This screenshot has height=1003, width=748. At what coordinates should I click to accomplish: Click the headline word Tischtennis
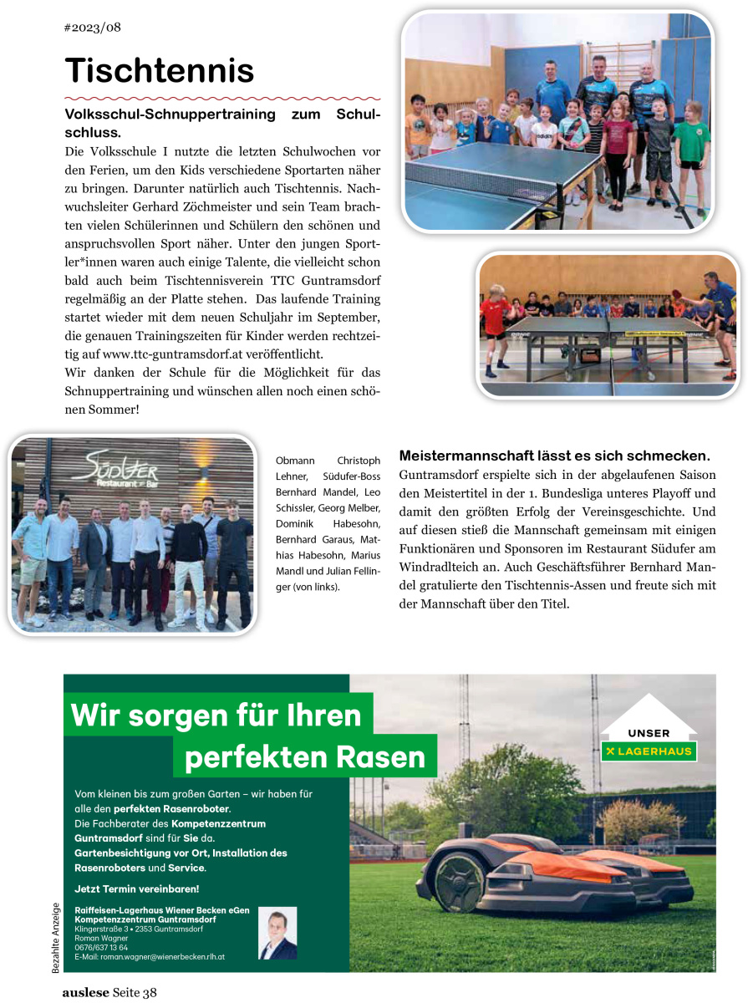159,70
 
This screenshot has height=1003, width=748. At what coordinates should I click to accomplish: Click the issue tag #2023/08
93,28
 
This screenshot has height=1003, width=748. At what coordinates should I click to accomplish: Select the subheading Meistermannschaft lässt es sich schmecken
554,456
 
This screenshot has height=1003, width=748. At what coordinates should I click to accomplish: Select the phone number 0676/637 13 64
101,947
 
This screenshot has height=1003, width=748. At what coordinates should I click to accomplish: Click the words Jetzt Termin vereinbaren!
137,888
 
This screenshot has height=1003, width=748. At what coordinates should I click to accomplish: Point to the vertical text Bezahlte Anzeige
56,938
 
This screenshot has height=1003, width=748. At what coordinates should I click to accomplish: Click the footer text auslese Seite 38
109,993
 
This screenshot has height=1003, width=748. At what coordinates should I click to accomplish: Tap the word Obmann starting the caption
293,461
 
